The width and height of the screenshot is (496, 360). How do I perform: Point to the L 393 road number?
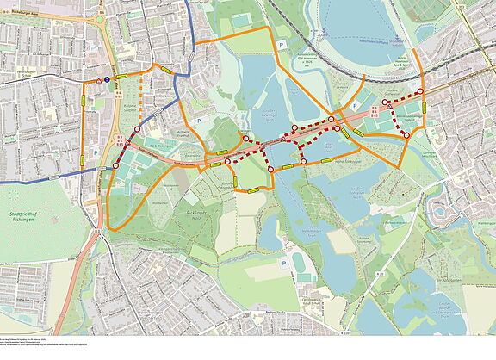(485, 8)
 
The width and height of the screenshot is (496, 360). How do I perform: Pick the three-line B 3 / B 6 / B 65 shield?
(373, 112)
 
